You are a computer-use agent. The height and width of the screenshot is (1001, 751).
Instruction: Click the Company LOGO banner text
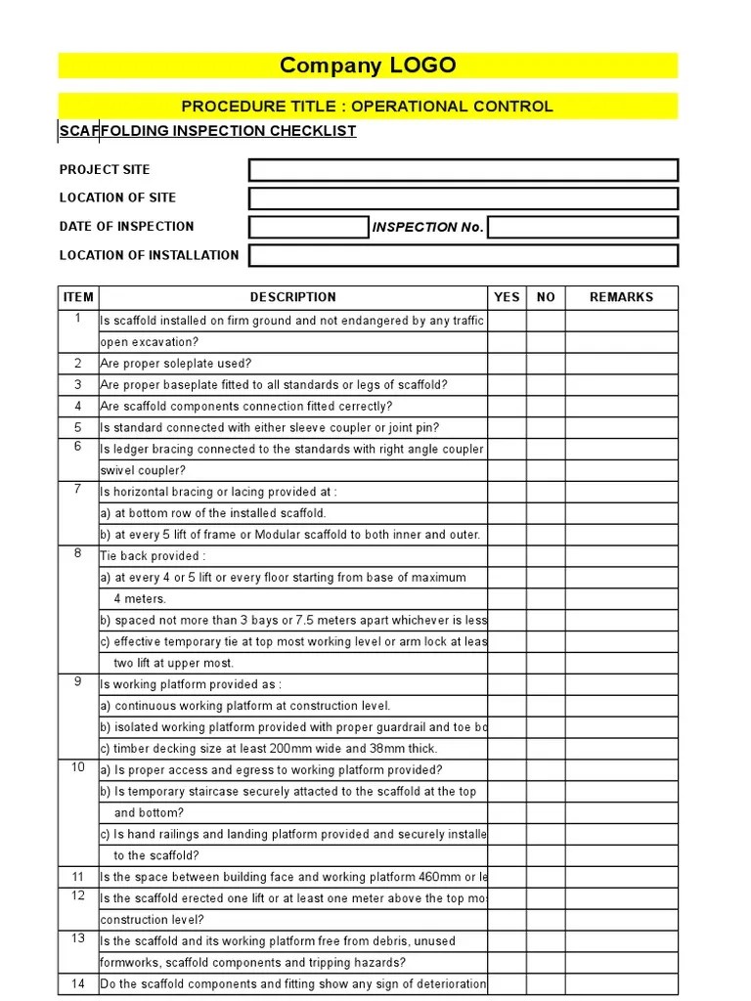click(x=368, y=66)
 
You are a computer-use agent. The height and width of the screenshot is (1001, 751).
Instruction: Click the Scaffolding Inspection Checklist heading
click(x=207, y=131)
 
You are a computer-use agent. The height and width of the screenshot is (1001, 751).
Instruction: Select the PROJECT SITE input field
click(x=463, y=170)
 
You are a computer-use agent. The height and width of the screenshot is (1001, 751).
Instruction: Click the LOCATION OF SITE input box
click(x=463, y=198)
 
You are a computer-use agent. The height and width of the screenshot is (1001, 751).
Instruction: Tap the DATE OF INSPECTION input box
click(x=308, y=227)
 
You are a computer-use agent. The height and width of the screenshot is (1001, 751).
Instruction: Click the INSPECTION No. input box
click(x=583, y=227)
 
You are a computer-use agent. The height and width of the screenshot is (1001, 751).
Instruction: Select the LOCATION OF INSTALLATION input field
click(x=463, y=255)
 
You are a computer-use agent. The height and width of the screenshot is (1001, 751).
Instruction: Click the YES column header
click(x=507, y=297)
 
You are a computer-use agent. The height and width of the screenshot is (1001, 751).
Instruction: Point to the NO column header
click(x=546, y=297)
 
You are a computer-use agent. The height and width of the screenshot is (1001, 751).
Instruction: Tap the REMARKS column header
click(x=621, y=297)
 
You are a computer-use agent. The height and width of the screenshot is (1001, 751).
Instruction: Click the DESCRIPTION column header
click(x=292, y=297)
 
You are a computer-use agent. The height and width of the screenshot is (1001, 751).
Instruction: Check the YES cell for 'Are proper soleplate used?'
click(x=507, y=364)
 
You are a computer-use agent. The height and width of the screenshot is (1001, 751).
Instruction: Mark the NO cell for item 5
click(x=546, y=428)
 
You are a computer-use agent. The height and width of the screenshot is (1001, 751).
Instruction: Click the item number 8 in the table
click(x=78, y=554)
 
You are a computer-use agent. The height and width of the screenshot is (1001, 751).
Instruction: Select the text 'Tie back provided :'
click(x=154, y=556)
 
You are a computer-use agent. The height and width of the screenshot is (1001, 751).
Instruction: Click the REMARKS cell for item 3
click(x=621, y=385)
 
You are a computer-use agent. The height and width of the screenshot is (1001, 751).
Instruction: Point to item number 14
click(x=78, y=983)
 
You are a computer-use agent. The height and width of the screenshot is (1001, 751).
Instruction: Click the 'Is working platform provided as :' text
click(x=191, y=684)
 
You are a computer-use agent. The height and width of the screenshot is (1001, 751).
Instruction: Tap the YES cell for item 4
click(x=507, y=407)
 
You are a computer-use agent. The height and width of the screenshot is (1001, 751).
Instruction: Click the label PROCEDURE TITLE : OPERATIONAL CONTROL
click(x=368, y=107)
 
